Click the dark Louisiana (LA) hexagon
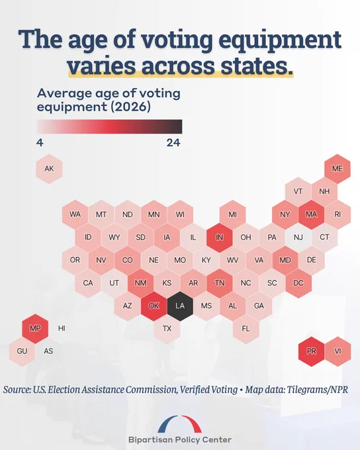pos(180,306)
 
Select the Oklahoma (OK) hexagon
pos(154,306)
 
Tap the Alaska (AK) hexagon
pos(49,169)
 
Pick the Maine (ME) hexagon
pos(337,169)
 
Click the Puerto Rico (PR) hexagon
pos(312,351)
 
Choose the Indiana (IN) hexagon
pos(219,238)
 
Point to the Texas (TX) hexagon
pos(167,329)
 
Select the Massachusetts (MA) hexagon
pos(312,214)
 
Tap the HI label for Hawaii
pos(62,328)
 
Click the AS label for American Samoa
pos(48,351)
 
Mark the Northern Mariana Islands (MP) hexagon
pos(35,329)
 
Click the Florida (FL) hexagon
pos(246,329)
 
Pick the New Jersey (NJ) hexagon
pos(298,238)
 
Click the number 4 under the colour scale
pos(40,143)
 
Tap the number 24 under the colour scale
pos(173,143)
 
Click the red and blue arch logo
pos(180,424)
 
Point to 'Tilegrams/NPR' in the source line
pos(318,390)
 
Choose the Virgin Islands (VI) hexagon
pos(337,351)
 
